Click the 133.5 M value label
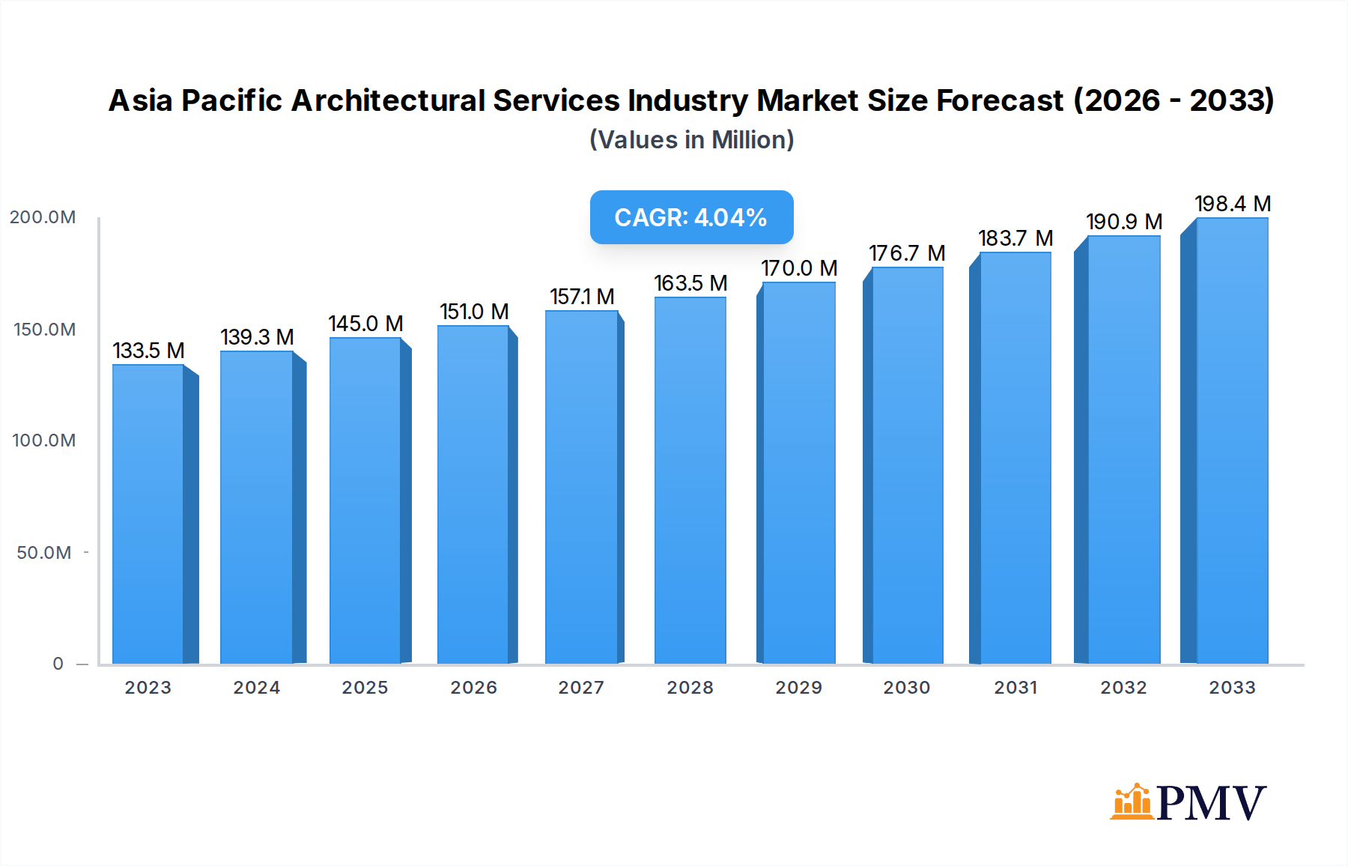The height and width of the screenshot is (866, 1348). point(148,351)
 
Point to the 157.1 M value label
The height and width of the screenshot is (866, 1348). point(582,297)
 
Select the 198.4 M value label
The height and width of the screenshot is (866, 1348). point(1233,204)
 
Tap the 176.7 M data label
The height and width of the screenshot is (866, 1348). point(907,253)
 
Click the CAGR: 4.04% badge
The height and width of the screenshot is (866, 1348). point(691,217)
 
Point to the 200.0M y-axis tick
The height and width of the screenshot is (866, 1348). point(43,217)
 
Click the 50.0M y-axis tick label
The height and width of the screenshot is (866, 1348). point(44,553)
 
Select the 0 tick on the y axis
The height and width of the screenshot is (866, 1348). point(58,664)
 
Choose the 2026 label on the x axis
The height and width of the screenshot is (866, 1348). point(473,688)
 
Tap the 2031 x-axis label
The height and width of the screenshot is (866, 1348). point(1015,688)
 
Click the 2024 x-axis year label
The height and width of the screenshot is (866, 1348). point(256,688)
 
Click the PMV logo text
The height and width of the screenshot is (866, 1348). point(1211,803)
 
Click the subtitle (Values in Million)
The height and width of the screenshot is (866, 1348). point(691,140)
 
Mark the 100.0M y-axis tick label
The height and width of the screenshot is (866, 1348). point(43,440)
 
